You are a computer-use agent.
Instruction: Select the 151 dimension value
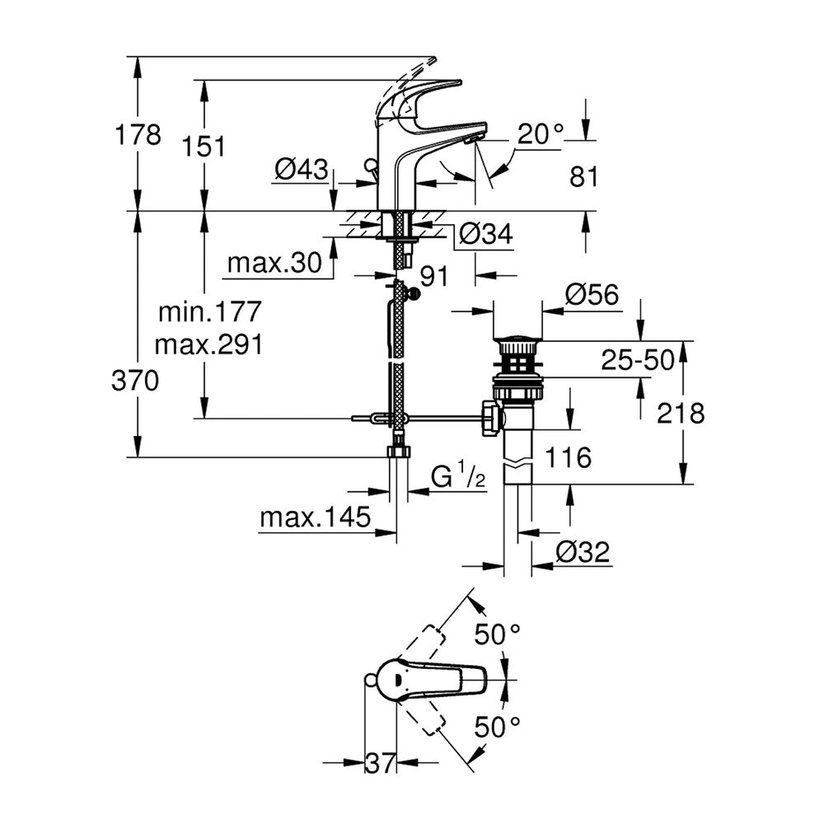[x=204, y=146]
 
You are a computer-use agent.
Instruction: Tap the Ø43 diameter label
[x=301, y=170]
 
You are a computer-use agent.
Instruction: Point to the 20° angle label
[x=541, y=134]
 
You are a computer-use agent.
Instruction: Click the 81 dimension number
[x=584, y=177]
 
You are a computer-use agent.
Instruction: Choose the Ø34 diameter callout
[x=485, y=234]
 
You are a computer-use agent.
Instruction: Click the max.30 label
[x=274, y=262]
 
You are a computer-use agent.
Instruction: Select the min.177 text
[x=209, y=311]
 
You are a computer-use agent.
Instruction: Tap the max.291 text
[x=208, y=344]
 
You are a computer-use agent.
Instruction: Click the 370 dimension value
[x=135, y=381]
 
